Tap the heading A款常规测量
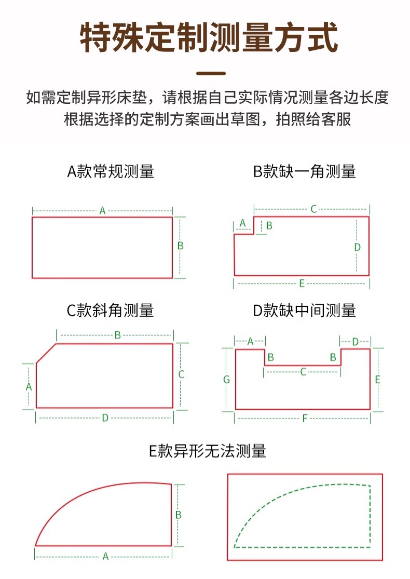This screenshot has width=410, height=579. point(111,171)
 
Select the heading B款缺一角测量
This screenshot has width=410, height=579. point(304,171)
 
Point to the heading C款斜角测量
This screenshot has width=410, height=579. point(111,311)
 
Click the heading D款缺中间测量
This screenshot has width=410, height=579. point(304,311)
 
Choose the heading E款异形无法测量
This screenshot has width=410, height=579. point(208,451)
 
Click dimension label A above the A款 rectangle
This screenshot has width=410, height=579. point(102,211)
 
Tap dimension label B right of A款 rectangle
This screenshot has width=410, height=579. point(181,246)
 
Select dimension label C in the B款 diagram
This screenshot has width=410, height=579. point(313,209)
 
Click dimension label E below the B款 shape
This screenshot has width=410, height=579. point(302,283)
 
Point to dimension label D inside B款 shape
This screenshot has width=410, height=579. point(357,247)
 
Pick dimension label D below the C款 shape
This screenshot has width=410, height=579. point(105,418)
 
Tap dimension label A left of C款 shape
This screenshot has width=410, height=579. point(29,386)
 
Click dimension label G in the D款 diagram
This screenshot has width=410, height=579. point(226,380)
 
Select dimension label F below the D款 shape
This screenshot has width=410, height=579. point(305,418)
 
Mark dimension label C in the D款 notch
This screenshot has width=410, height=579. point(303,372)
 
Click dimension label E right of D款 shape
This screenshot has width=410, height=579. point(377,380)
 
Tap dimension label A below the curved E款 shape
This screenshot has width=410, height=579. point(105,556)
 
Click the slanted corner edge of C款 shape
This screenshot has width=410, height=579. point(46,353)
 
